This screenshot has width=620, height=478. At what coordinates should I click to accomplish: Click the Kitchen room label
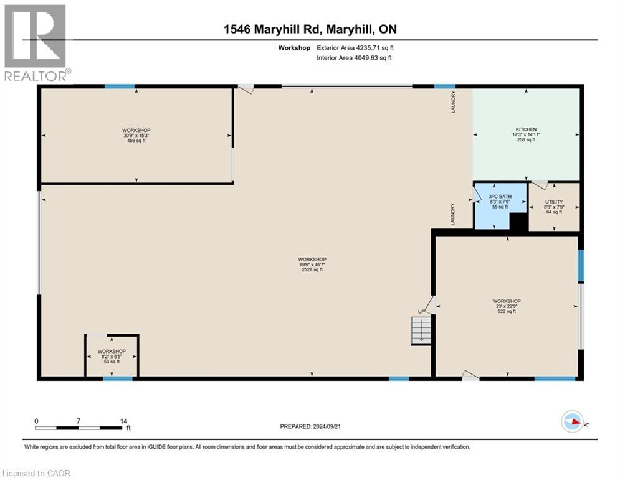tap(526, 134)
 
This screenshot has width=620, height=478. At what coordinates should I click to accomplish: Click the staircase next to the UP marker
tap(422, 329)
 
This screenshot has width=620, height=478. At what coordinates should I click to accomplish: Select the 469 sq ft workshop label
tap(136, 135)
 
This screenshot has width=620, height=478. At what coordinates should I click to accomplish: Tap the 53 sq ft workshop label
tap(112, 356)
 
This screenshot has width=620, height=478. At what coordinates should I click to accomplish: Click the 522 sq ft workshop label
tap(507, 306)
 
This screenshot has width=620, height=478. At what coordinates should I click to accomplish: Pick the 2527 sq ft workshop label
tap(312, 265)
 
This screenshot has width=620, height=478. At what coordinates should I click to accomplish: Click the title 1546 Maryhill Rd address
tap(310, 29)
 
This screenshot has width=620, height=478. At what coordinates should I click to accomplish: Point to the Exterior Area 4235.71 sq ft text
tap(355, 47)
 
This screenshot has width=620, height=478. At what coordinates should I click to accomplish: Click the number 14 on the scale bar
tap(124, 421)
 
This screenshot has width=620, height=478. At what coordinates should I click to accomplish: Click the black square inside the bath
tap(518, 222)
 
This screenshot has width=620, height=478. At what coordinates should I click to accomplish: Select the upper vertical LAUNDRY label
tap(454, 102)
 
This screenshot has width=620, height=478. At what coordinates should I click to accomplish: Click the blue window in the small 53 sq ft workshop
tap(118, 378)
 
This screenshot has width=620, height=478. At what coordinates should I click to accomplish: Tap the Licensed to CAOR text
tap(36, 473)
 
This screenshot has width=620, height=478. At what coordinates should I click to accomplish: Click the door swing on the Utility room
tap(540, 185)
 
